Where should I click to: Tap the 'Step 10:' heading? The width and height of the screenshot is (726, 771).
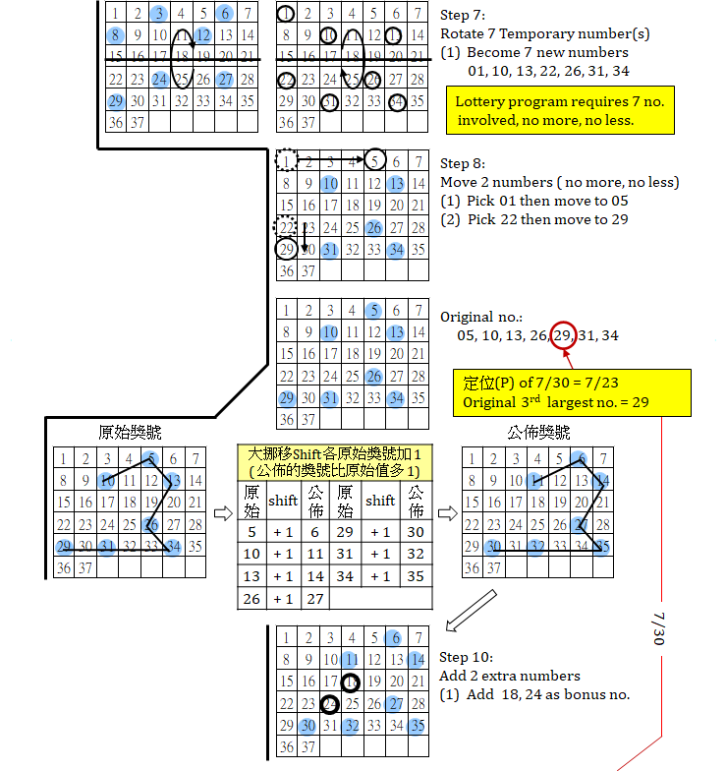(x=466, y=657)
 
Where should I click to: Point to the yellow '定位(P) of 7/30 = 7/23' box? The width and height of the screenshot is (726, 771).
(x=553, y=393)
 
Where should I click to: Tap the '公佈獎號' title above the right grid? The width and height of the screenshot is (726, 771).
(x=536, y=433)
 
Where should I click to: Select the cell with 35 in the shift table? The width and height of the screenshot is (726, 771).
(x=416, y=576)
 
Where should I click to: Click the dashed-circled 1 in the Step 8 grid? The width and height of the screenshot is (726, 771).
(x=287, y=160)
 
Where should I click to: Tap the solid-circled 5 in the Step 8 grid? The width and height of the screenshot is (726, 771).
(x=374, y=160)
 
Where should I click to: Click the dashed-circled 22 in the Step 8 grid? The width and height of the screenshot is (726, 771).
(x=287, y=227)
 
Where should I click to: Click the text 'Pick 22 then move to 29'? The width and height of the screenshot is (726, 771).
(x=536, y=219)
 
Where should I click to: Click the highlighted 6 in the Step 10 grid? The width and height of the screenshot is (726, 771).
(x=395, y=637)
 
